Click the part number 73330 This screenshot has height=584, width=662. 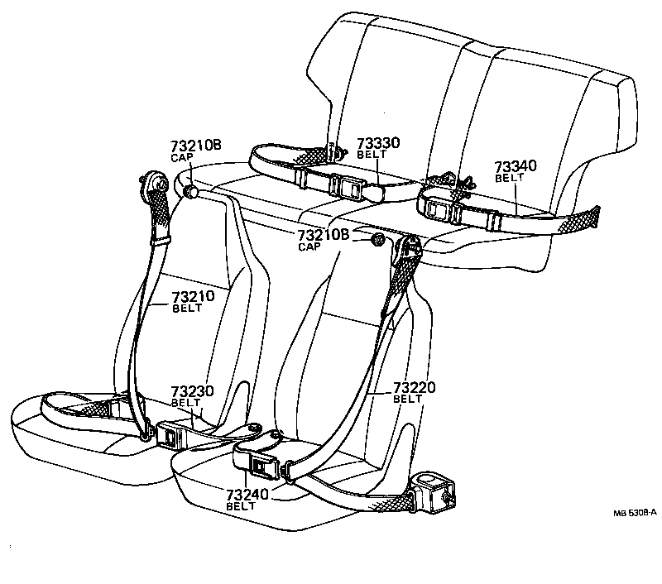[378, 143]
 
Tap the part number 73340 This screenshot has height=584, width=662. [516, 166]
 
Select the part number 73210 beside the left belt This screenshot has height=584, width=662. [193, 297]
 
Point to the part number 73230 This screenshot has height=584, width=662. [193, 391]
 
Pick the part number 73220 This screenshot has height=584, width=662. [414, 387]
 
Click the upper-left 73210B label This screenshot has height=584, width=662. [196, 146]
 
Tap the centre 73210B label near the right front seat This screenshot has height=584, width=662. [324, 236]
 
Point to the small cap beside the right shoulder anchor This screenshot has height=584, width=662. [377, 240]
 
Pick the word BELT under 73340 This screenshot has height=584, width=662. [509, 178]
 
